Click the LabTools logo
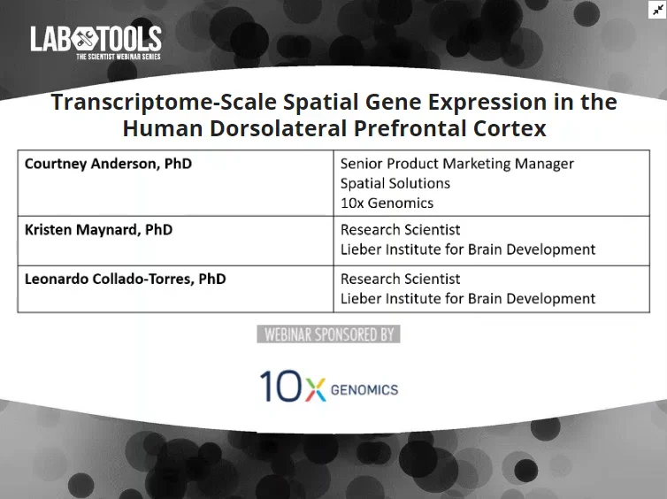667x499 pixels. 96,39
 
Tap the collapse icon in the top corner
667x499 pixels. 656,10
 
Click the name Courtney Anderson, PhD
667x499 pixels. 108,164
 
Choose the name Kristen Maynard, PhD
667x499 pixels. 98,229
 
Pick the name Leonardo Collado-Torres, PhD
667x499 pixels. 125,279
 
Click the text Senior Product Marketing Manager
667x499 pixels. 456,164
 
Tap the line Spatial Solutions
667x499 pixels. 395,183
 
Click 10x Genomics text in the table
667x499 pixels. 387,203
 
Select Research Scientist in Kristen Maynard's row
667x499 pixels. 400,229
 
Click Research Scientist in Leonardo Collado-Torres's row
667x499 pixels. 400,279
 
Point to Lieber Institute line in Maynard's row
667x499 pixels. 467,249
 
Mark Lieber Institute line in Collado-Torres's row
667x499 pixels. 467,299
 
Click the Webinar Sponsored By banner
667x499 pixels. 328,334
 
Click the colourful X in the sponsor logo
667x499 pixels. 314,388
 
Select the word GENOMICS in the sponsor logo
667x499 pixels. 364,389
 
